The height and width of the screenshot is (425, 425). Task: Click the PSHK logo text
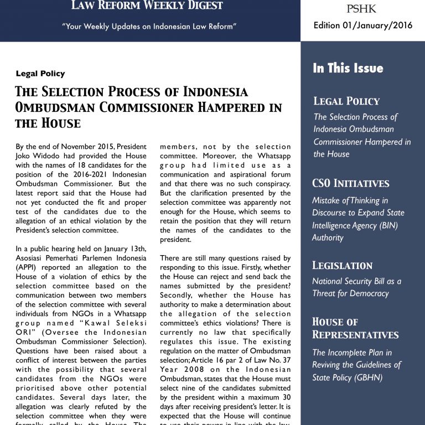coord(362,9)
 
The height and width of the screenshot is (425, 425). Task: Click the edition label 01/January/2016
coord(362,25)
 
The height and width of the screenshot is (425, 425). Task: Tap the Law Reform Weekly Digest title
coord(147,6)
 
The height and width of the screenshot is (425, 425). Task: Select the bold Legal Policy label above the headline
coord(40,74)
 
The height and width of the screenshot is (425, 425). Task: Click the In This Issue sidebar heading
coord(348,68)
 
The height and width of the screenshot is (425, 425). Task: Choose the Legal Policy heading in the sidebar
coord(346,101)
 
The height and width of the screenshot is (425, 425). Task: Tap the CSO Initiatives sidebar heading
coord(351,183)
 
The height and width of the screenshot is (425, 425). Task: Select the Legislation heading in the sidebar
coord(343,265)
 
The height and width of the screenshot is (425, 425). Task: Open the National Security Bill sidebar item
coord(356,287)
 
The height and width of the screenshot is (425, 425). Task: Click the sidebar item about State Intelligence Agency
coord(358,219)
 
